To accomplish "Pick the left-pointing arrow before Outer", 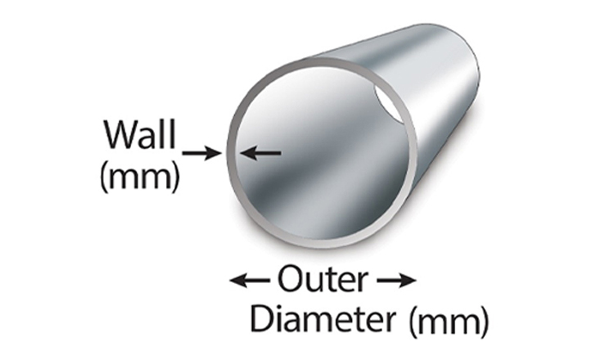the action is click(250, 281).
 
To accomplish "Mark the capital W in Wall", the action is click(117, 133).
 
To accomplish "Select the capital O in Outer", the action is click(288, 281).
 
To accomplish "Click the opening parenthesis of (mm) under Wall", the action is click(103, 174).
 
